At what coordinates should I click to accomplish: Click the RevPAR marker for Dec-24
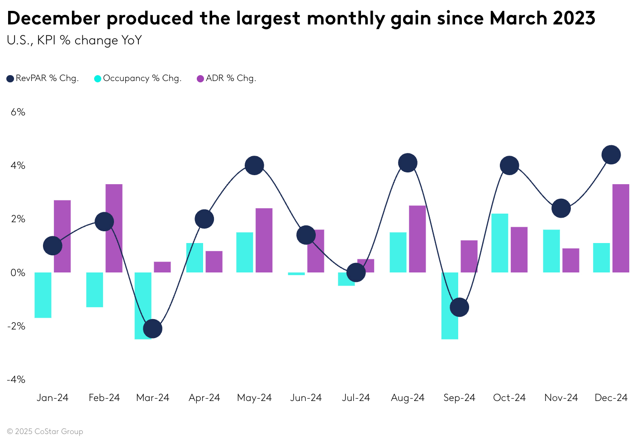611,155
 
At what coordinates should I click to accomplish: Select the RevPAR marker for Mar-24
152,329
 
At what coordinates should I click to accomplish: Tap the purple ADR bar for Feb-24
114,228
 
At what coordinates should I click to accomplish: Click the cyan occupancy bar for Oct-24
500,243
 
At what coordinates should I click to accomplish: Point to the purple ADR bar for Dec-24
621,228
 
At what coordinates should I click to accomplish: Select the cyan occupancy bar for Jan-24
43,295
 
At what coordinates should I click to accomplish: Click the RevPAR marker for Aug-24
408,163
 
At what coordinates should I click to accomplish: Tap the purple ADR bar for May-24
264,240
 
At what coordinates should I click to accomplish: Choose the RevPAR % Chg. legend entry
43,78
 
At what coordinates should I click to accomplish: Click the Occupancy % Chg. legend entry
138,78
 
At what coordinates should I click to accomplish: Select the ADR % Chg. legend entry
226,78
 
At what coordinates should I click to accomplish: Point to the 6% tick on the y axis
18,112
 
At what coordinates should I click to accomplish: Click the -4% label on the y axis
16,379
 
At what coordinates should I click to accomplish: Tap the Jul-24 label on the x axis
356,398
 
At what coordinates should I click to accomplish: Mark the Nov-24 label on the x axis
561,398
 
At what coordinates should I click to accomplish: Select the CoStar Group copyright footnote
45,431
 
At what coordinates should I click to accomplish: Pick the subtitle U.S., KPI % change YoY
74,41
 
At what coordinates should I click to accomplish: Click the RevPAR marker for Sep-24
460,307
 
